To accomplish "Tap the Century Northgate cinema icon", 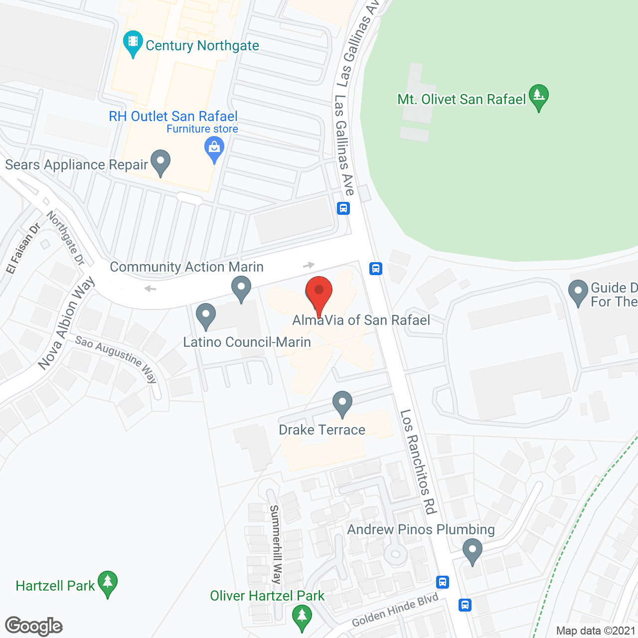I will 133,43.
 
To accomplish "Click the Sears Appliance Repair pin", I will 160,162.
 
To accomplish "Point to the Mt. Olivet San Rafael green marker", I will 538,96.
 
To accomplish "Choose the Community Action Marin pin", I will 241,289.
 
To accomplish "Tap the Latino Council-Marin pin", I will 205,316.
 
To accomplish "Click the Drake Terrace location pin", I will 342,403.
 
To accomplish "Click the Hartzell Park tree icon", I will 108,583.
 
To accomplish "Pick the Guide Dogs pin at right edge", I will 578,292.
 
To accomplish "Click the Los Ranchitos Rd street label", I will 418,462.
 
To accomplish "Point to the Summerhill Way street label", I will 275,544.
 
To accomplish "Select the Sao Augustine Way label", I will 116,358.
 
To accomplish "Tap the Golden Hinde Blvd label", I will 395,610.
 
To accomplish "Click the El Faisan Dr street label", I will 23,249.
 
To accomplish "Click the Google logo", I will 34,626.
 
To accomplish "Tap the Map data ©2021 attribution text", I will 596,631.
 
